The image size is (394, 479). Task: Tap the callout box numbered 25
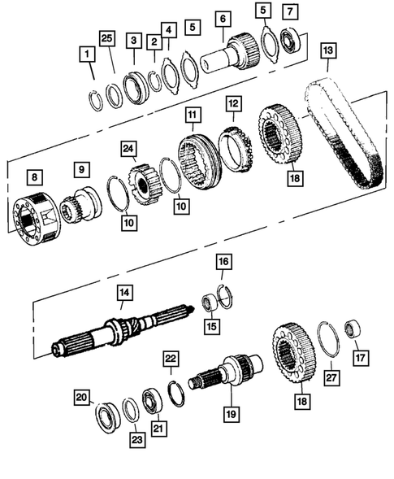(x=106, y=39)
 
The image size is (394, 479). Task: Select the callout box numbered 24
(x=128, y=149)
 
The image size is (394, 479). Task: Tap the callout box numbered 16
(x=224, y=261)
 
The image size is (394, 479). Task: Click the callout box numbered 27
(x=331, y=377)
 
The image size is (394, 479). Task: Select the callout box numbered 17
(x=359, y=355)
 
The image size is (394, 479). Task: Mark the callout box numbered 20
(x=80, y=397)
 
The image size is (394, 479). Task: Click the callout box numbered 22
(x=171, y=358)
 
